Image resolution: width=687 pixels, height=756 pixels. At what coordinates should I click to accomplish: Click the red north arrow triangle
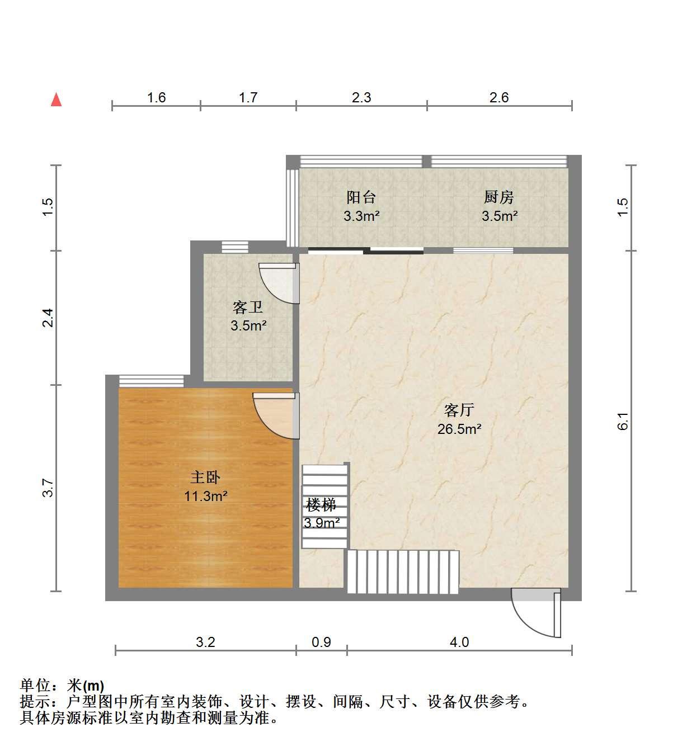click(56, 100)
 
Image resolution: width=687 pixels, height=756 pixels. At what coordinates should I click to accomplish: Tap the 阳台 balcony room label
click(361, 197)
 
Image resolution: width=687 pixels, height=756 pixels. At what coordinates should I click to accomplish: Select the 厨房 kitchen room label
click(499, 197)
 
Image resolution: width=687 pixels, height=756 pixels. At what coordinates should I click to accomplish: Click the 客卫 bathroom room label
click(248, 308)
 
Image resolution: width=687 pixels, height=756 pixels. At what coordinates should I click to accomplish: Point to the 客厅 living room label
click(459, 410)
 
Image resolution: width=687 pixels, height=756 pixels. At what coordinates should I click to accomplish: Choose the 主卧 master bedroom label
click(205, 478)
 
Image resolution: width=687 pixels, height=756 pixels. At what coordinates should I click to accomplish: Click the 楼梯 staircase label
click(321, 505)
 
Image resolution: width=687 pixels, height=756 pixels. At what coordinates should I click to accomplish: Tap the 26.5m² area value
click(459, 429)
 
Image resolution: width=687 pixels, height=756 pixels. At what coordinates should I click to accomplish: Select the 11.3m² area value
click(205, 496)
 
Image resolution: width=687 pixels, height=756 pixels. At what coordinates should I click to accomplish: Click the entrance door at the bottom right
click(536, 612)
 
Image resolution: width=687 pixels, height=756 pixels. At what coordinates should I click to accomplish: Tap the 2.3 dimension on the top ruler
click(361, 98)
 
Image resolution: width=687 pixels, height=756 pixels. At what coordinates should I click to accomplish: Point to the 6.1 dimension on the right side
click(623, 421)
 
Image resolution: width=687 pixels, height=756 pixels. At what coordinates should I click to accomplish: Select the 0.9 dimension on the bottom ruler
click(321, 642)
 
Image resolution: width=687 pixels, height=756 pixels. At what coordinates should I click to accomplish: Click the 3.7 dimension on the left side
click(48, 488)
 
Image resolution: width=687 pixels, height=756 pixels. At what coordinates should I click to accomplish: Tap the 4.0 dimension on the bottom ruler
click(459, 642)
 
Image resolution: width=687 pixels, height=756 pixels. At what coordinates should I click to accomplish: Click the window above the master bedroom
click(151, 381)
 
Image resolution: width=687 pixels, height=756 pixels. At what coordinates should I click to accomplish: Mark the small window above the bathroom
click(235, 247)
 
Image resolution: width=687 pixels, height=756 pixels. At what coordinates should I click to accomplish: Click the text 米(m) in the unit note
click(86, 686)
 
